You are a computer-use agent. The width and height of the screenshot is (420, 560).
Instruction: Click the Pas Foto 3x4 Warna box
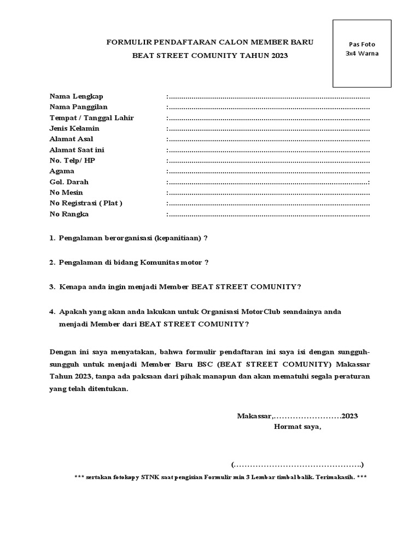pos(362,53)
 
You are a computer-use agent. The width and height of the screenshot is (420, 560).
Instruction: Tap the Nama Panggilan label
pos(78,107)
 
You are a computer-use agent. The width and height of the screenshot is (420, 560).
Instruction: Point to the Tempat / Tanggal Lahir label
pos(91,118)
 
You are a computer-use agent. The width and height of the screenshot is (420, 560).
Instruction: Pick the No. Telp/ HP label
pos(72,161)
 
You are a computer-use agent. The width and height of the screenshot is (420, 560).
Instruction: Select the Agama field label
pos(62,171)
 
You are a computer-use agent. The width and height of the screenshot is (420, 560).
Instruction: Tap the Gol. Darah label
pos(69,182)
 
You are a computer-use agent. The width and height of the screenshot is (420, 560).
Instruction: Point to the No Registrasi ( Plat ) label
pos(86,203)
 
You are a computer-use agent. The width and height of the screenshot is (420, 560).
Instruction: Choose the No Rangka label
pos(69,214)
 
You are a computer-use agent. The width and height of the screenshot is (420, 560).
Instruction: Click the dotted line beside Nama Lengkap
pos(268,97)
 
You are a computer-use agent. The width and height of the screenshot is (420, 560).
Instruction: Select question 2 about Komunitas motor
pos(129,262)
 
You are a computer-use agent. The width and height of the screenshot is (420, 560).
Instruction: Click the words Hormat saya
pos(297,427)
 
